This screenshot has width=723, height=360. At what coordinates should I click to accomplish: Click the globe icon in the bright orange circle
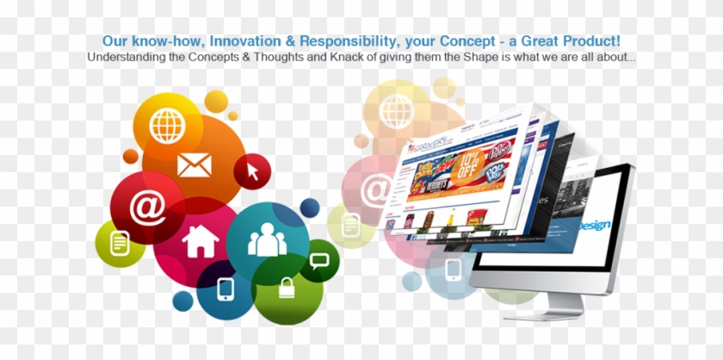pyautogui.click(x=166, y=125)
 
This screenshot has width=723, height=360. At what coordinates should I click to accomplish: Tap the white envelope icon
pyautogui.click(x=194, y=164)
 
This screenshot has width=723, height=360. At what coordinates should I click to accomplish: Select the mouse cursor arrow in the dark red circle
pyautogui.click(x=252, y=171)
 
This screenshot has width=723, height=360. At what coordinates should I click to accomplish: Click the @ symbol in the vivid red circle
pyautogui.click(x=147, y=208)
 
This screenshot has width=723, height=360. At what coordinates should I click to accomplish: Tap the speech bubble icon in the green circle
pyautogui.click(x=319, y=259)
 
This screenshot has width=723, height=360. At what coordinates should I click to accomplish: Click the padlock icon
pyautogui.click(x=287, y=288)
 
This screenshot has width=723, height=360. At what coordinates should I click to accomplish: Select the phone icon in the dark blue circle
pyautogui.click(x=226, y=288)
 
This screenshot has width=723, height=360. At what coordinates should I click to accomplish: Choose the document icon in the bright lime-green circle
pyautogui.click(x=120, y=243)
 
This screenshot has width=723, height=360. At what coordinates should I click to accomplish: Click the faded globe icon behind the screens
pyautogui.click(x=396, y=109)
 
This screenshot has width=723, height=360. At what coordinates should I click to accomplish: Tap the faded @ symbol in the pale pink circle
pyautogui.click(x=375, y=189)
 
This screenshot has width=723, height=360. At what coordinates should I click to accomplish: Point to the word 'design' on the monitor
pyautogui.click(x=594, y=225)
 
